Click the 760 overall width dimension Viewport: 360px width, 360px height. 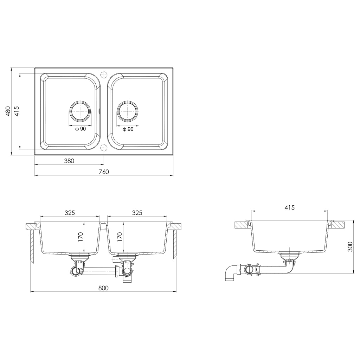[x=104, y=172]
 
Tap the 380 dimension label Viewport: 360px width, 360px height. [x=69, y=161]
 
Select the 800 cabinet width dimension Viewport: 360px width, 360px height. [x=103, y=288]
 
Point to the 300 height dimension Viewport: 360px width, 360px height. [x=350, y=246]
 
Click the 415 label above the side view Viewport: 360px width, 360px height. [x=290, y=207]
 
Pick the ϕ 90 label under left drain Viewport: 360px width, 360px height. [x=81, y=129]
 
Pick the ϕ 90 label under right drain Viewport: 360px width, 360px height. [x=128, y=129]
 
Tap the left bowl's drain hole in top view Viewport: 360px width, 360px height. [x=80, y=111]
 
